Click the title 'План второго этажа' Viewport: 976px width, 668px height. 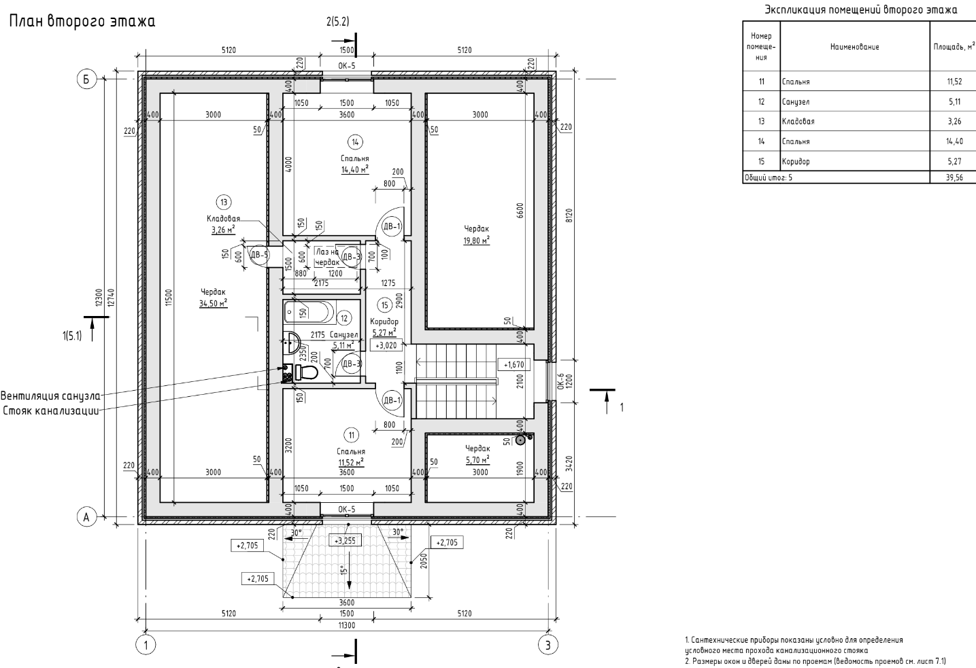82,22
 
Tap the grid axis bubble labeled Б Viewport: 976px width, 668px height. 86,80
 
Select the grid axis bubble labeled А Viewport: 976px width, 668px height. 86,518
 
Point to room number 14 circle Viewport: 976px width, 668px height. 355,142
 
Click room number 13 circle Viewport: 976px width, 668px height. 223,202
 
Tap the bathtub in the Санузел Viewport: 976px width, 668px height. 309,312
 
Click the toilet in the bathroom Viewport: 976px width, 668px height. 307,372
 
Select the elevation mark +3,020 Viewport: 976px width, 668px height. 386,345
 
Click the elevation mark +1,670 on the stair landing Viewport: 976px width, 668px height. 514,364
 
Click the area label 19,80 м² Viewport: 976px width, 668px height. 477,240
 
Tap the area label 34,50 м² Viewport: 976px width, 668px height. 213,304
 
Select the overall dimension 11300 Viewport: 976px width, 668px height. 346,623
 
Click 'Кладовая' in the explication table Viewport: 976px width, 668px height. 798,122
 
